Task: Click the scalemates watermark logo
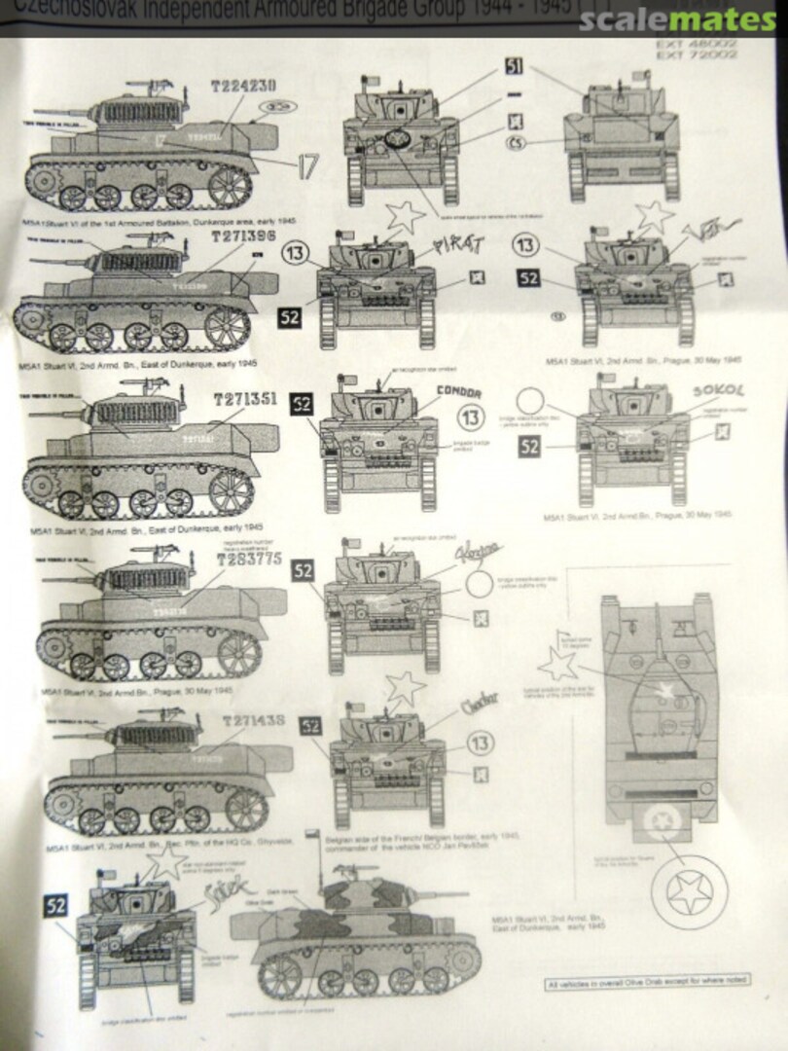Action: click(x=678, y=18)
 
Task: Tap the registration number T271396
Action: click(x=242, y=237)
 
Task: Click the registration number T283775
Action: click(x=249, y=560)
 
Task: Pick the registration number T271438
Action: click(x=253, y=721)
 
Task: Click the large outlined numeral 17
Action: click(x=306, y=166)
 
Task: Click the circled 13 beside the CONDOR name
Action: click(x=471, y=417)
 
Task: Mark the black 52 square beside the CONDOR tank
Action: click(x=302, y=404)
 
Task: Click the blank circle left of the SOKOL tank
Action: click(x=531, y=403)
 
